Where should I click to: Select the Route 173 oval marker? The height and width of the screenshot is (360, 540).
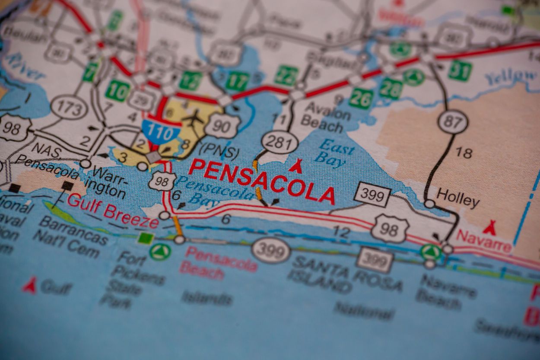[69, 107]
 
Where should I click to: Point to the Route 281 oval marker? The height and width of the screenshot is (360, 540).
[280, 142]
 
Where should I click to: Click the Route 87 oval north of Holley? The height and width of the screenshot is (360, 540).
[453, 121]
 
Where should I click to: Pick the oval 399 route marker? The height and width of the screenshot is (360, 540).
[271, 250]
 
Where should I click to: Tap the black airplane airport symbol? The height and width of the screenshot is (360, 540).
[193, 116]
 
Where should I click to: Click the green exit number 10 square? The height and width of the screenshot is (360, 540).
[118, 91]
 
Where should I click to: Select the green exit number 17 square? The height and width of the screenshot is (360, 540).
[238, 82]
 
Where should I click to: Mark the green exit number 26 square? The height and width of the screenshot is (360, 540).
[361, 98]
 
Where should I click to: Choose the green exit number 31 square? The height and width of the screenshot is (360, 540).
[460, 70]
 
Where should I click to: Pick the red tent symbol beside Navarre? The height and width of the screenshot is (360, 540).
[489, 227]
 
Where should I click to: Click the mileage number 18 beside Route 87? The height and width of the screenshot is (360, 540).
[464, 153]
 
